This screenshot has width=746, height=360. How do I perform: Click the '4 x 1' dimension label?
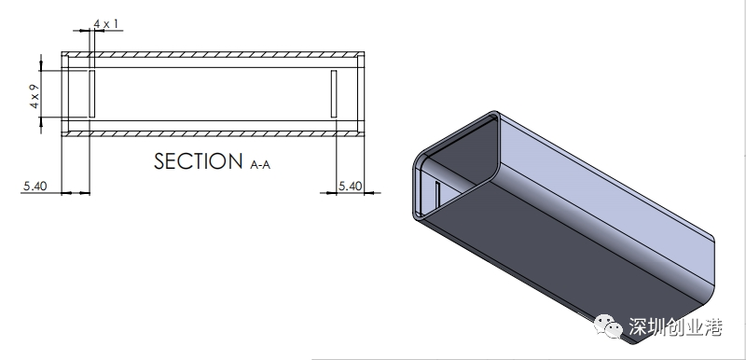(106, 23)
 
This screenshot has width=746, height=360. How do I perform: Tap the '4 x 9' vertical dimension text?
(35, 97)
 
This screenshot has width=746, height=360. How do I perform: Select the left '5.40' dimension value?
(35, 186)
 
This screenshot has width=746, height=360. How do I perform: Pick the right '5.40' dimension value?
(351, 186)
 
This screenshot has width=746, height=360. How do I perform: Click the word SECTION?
(199, 161)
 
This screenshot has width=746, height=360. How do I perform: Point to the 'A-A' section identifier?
(260, 165)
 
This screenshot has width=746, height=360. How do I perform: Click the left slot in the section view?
(92, 93)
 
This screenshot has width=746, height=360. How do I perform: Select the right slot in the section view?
(334, 93)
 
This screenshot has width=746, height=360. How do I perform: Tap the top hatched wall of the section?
(213, 54)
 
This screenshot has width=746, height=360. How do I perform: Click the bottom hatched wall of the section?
(213, 133)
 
